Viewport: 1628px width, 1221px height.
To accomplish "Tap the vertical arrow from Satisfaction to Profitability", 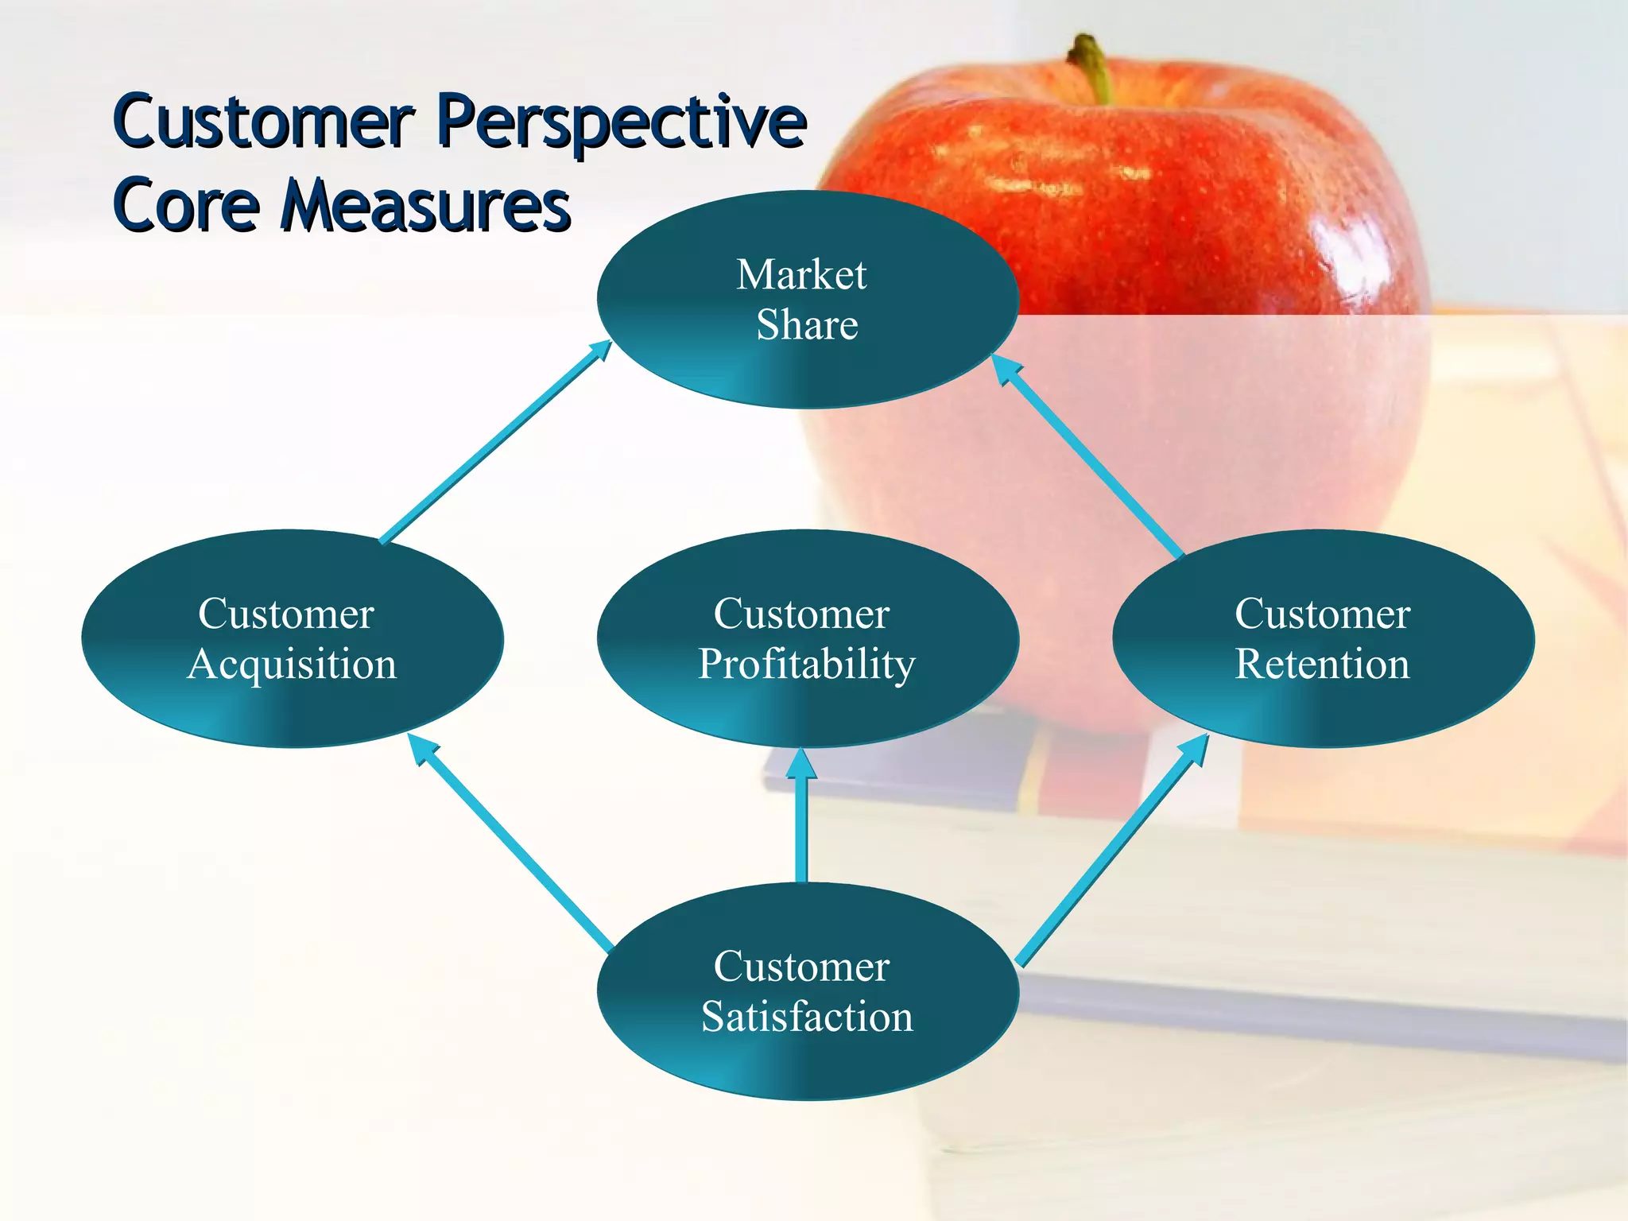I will coord(801,819).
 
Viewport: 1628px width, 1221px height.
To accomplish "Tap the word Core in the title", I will coord(187,205).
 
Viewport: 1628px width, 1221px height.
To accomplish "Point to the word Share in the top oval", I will coord(807,324).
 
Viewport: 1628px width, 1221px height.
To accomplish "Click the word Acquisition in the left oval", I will coord(292,664).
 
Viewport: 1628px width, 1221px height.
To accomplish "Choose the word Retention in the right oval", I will coord(1322,664).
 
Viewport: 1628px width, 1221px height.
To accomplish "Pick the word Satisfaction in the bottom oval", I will coord(807,1017).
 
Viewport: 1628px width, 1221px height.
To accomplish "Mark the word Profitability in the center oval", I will coord(807,664).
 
